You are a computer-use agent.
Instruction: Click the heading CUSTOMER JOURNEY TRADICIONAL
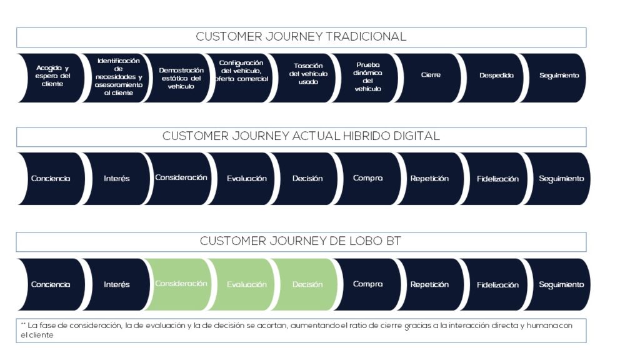pyautogui.click(x=301, y=37)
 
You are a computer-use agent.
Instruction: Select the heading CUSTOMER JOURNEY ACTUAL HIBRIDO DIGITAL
pyautogui.click(x=301, y=136)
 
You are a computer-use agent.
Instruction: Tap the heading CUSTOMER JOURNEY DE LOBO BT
pyautogui.click(x=301, y=241)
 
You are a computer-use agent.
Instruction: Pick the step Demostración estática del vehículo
pyautogui.click(x=181, y=78)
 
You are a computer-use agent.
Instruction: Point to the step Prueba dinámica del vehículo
pyautogui.click(x=367, y=77)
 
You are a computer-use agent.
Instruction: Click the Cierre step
pyautogui.click(x=431, y=75)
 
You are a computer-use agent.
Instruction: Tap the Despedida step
pyautogui.click(x=496, y=76)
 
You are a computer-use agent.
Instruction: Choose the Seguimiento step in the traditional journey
pyautogui.click(x=559, y=76)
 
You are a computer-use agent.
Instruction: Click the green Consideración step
pyautogui.click(x=181, y=284)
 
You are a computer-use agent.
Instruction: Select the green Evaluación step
pyautogui.click(x=246, y=285)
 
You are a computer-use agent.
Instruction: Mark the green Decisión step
pyautogui.click(x=307, y=285)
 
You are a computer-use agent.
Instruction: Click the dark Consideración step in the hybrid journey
pyautogui.click(x=181, y=178)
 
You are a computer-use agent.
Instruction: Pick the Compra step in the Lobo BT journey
pyautogui.click(x=367, y=284)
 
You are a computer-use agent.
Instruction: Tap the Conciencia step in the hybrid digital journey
pyautogui.click(x=51, y=179)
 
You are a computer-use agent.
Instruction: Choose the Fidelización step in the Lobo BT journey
pyautogui.click(x=497, y=285)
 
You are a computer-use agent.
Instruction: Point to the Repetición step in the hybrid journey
pyautogui.click(x=429, y=179)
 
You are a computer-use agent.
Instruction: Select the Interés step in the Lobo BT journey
pyautogui.click(x=117, y=285)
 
